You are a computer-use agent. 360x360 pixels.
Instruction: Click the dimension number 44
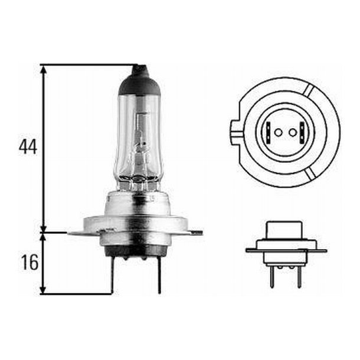pyautogui.click(x=28, y=147)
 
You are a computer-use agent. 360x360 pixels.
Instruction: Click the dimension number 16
pyautogui.click(x=28, y=262)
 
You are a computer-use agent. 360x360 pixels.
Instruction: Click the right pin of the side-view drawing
pyautogui.click(x=299, y=275)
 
